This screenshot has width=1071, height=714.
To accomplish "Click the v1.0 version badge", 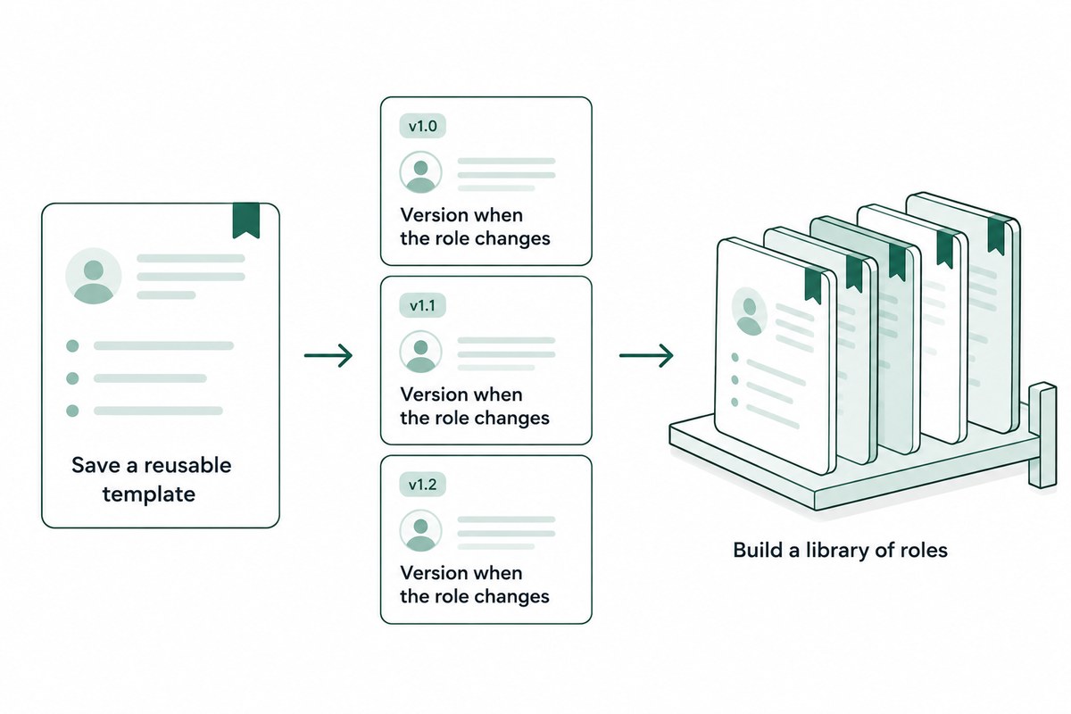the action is [423, 126].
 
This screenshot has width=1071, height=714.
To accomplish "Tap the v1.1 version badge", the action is [423, 305].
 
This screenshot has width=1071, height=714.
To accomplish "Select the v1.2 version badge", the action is [423, 485].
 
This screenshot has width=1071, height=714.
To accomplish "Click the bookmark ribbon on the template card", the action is [246, 220].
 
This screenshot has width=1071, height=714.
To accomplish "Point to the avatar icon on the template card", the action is [93, 276].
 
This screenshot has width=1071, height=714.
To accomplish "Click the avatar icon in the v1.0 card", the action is [420, 172].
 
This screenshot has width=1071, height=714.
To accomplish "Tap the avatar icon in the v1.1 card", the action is [420, 352].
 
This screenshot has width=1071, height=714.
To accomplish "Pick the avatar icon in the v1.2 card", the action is [420, 531].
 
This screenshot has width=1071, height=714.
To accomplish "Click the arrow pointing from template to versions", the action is [328, 355].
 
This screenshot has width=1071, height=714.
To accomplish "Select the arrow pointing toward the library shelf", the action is [646, 355].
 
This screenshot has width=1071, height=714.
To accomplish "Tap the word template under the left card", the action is [149, 494].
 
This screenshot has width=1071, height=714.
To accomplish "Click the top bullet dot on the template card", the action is [72, 345].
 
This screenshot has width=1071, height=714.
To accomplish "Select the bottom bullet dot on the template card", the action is [72, 411].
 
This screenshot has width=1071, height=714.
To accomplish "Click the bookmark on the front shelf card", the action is [814, 285].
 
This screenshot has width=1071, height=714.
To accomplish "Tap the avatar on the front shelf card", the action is [749, 311].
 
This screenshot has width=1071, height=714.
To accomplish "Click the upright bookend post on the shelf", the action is [1042, 435].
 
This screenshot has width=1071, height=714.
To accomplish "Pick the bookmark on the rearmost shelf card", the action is [996, 235].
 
